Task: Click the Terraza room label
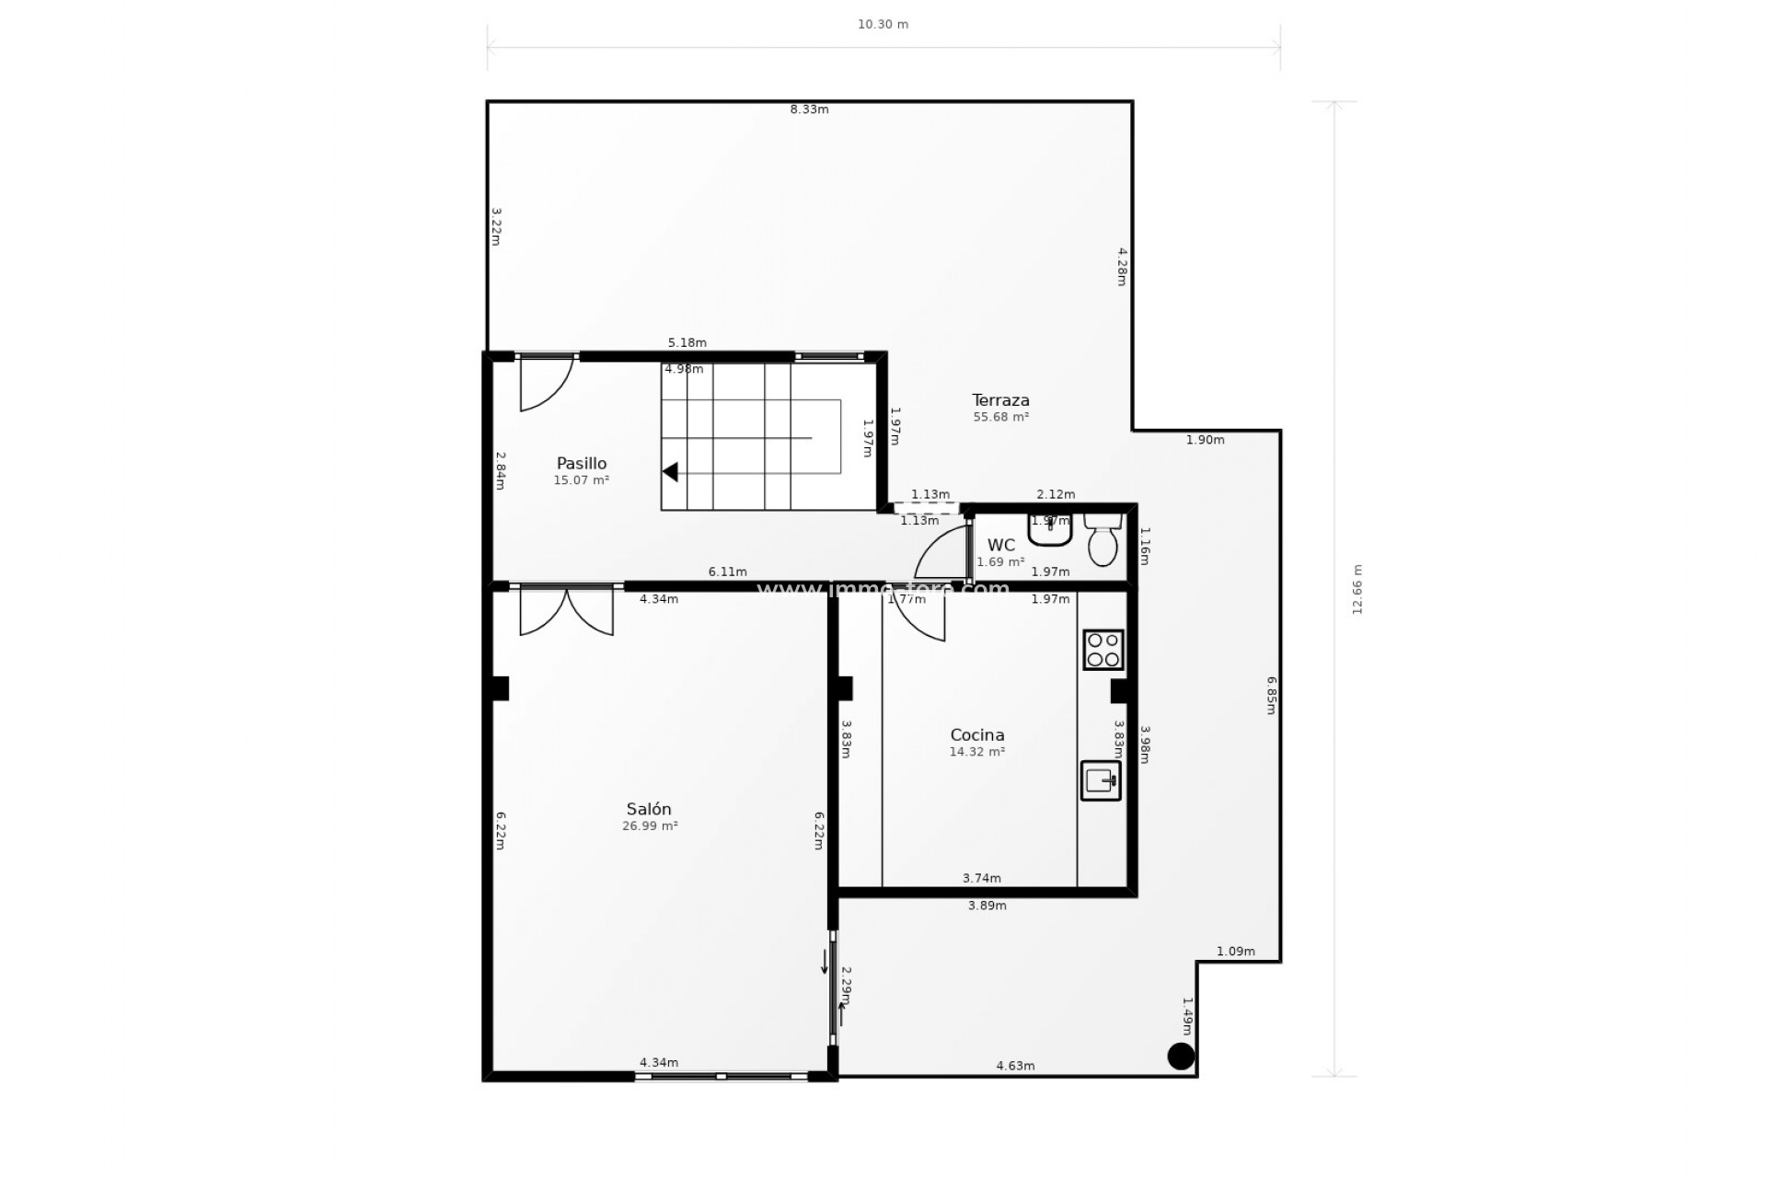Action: pyautogui.click(x=1000, y=400)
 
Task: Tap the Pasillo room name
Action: pyautogui.click(x=581, y=464)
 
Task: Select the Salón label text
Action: pyautogui.click(x=649, y=809)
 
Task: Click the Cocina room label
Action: pyautogui.click(x=976, y=735)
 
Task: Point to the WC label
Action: pyautogui.click(x=1000, y=546)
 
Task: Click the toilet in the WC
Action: pyautogui.click(x=1102, y=543)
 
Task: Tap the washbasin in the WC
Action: pyautogui.click(x=1050, y=530)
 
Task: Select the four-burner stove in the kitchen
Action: pyautogui.click(x=1103, y=650)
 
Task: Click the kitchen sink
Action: pyautogui.click(x=1101, y=780)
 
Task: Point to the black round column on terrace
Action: pyautogui.click(x=1181, y=1056)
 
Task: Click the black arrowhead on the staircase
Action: pyautogui.click(x=671, y=472)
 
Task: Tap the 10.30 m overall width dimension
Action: pyautogui.click(x=883, y=25)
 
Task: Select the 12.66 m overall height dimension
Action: pyautogui.click(x=1357, y=590)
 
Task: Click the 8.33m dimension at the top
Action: pyautogui.click(x=809, y=110)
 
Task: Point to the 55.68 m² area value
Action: pyautogui.click(x=1000, y=418)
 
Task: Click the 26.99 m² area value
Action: pyautogui.click(x=650, y=826)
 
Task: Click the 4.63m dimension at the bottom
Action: pyautogui.click(x=1015, y=1067)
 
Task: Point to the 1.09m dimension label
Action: pyautogui.click(x=1235, y=952)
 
